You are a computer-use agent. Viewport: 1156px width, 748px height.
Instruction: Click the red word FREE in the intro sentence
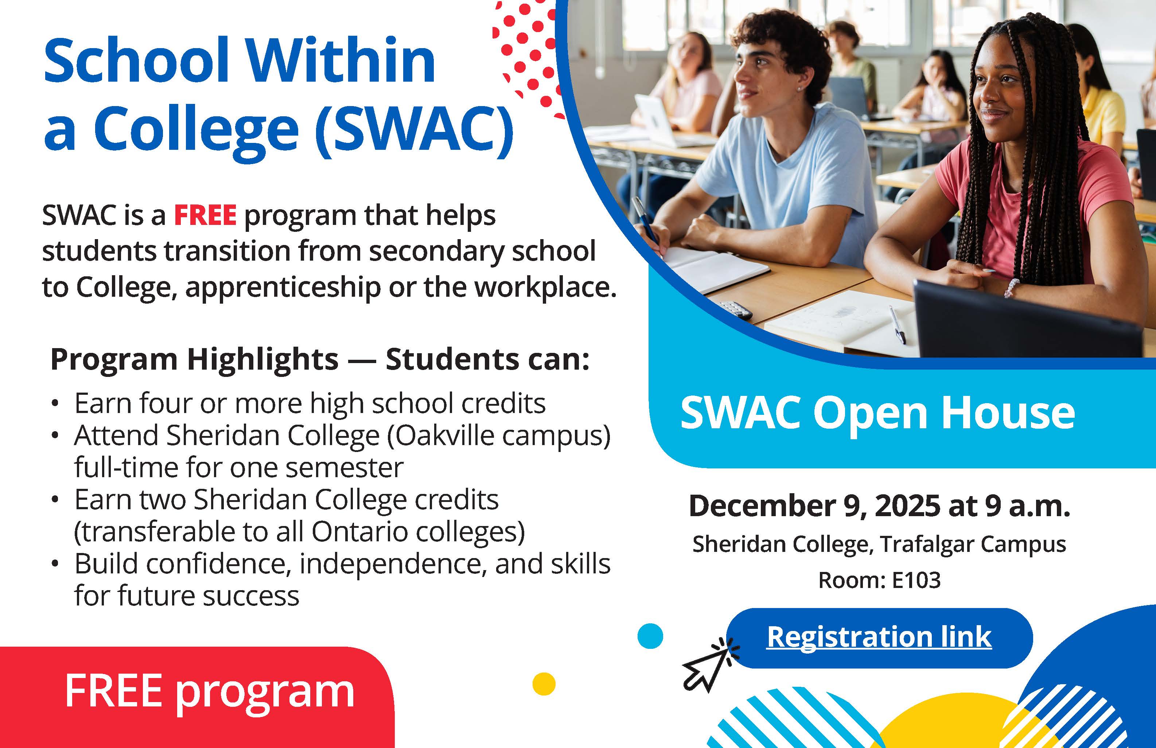pyautogui.click(x=205, y=215)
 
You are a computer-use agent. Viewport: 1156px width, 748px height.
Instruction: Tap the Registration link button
pyautogui.click(x=879, y=638)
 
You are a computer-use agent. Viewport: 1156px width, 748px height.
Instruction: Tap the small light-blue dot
pyautogui.click(x=650, y=636)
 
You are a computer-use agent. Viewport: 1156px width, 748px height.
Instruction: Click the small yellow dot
pyautogui.click(x=544, y=684)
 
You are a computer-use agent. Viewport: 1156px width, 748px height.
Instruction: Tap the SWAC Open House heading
pyautogui.click(x=878, y=413)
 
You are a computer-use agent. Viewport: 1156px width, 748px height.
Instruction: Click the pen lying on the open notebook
pyautogui.click(x=898, y=324)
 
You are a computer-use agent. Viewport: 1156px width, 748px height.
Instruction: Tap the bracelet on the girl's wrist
pyautogui.click(x=1010, y=288)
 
